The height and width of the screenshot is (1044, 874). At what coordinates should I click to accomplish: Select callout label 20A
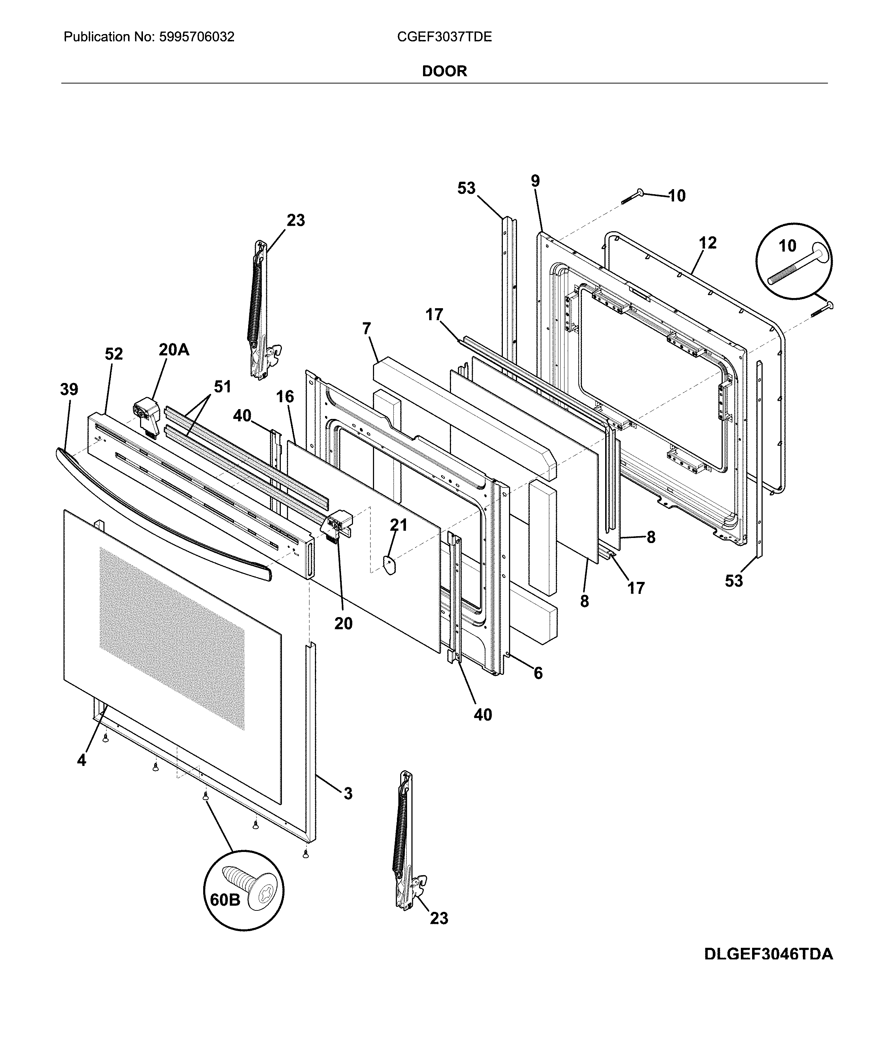pos(174,350)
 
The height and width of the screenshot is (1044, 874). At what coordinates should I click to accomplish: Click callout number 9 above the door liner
pos(535,181)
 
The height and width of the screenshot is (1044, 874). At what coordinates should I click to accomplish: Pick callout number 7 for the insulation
pos(367,328)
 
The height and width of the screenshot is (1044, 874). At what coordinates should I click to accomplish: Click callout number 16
pos(285,396)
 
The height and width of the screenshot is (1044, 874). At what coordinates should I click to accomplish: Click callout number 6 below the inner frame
pos(538,673)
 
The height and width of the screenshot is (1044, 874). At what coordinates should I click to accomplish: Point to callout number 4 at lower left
pos(82,760)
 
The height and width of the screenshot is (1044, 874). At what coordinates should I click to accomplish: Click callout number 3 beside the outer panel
pos(348,794)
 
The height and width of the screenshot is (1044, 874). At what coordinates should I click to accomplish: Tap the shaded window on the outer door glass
pos(171,639)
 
